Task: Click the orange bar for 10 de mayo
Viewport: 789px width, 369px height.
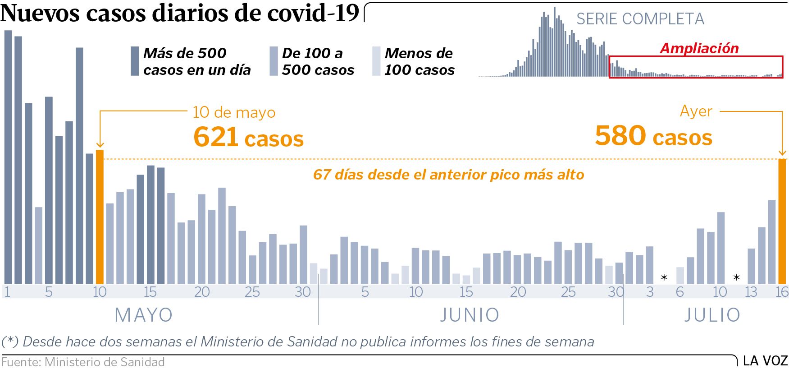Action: click(100, 217)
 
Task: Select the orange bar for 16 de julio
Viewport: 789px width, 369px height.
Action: click(782, 221)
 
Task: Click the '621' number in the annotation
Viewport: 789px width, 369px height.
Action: click(215, 137)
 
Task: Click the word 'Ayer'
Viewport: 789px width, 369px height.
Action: click(696, 111)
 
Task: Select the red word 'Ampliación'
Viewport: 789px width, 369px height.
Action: click(699, 48)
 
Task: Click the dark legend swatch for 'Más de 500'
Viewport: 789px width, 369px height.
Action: click(135, 61)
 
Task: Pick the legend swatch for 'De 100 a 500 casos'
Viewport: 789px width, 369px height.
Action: click(274, 61)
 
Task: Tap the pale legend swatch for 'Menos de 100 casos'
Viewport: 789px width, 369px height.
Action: click(376, 61)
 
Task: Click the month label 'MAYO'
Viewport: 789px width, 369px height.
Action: click(144, 315)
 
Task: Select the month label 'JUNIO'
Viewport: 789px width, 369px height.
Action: click(470, 315)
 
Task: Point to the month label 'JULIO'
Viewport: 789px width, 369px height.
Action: click(712, 315)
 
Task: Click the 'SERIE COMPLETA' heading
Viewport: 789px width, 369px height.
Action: click(640, 19)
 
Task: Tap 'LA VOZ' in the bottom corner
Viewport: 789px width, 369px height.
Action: click(765, 361)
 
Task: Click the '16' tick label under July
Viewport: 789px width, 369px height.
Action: click(782, 292)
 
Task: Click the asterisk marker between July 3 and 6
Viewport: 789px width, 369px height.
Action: click(664, 277)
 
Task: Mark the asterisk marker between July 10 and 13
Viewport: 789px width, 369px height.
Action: click(736, 277)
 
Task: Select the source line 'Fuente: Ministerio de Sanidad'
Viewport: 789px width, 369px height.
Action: click(83, 362)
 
